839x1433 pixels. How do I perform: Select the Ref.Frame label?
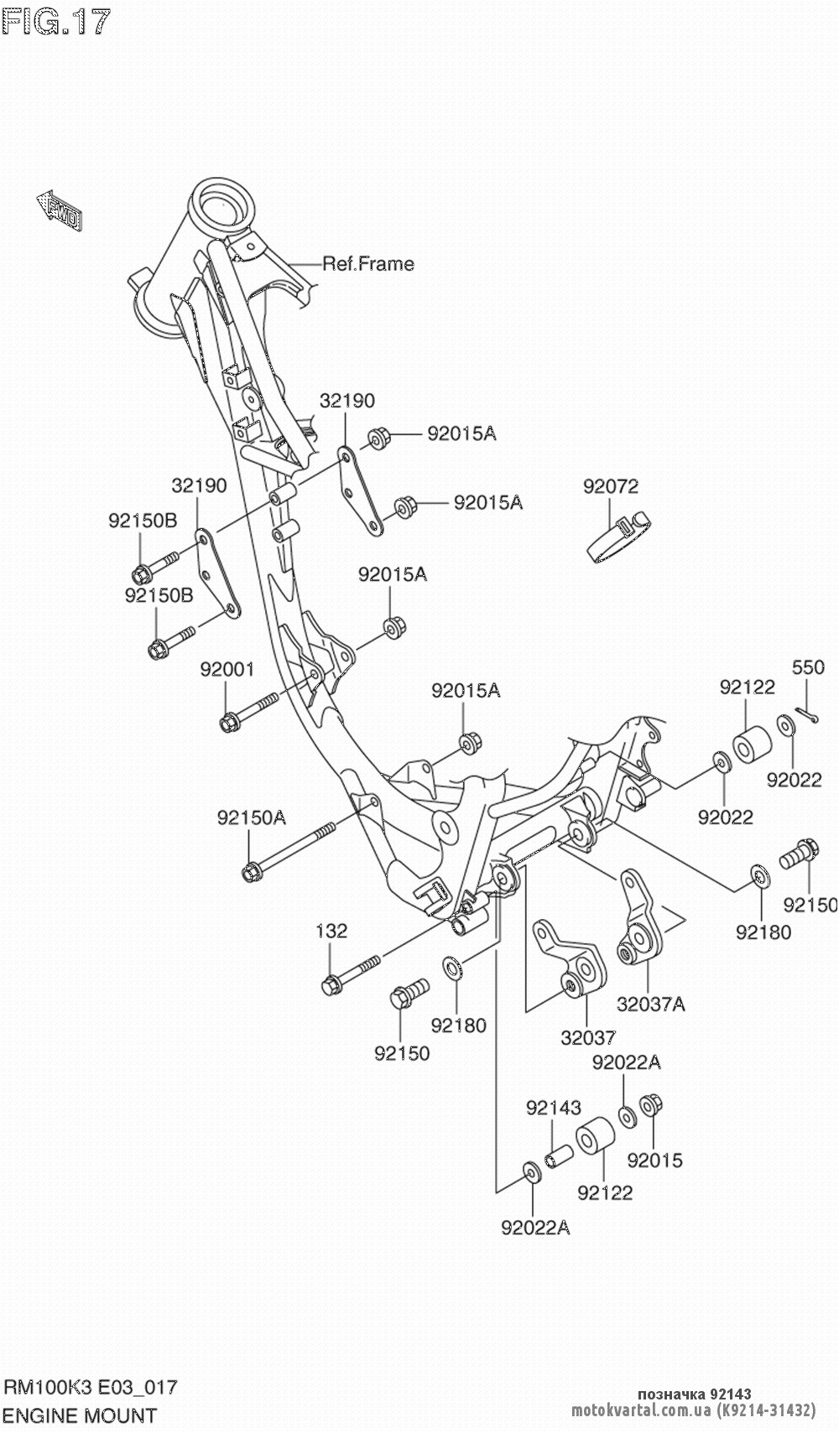368,264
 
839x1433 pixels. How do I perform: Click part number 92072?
611,486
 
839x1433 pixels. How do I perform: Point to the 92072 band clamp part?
617,536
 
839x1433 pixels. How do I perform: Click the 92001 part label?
227,670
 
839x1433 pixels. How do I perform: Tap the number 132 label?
331,931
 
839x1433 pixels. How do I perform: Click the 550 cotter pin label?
809,667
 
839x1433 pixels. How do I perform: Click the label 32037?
588,1038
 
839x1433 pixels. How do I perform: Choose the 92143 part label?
554,1108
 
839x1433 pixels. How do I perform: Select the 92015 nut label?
654,1160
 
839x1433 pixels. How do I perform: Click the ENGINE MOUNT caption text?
81,1415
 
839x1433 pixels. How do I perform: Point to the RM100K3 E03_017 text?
91,1387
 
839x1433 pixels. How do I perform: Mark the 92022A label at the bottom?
535,1228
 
